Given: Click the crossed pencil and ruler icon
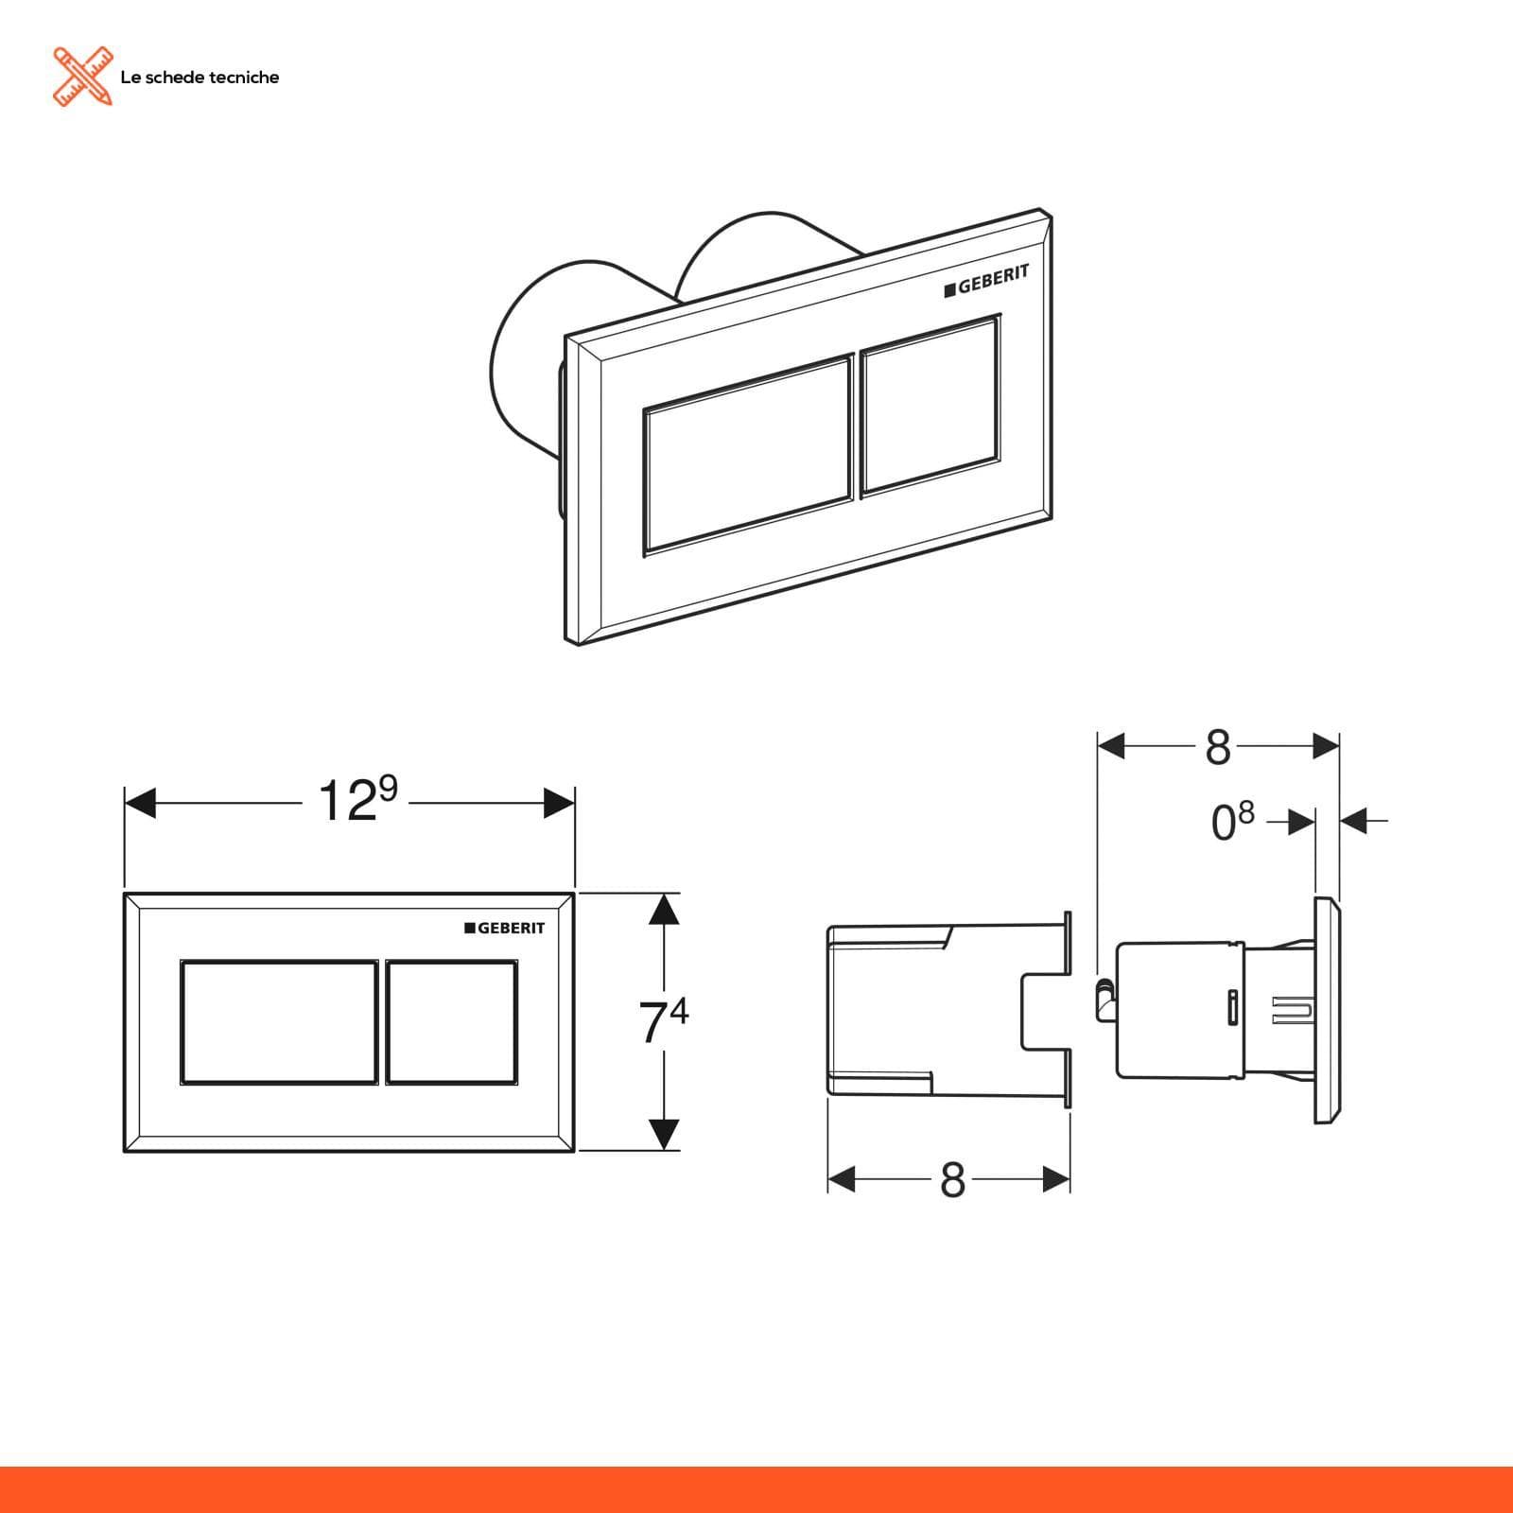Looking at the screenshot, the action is [x=82, y=76].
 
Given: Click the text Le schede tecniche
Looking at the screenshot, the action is [x=200, y=78].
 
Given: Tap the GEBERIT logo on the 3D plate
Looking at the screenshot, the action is [x=986, y=281].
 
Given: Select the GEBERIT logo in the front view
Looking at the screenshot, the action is [x=505, y=928].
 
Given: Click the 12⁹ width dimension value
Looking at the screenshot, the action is [x=357, y=800].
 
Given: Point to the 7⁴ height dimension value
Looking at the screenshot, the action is [x=664, y=1021].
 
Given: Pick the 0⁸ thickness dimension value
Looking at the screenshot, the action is [x=1232, y=821].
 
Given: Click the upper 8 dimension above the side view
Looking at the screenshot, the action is [x=1218, y=748].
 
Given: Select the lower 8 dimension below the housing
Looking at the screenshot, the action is [x=952, y=1179].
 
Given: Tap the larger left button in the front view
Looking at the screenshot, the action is [x=279, y=1022].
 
